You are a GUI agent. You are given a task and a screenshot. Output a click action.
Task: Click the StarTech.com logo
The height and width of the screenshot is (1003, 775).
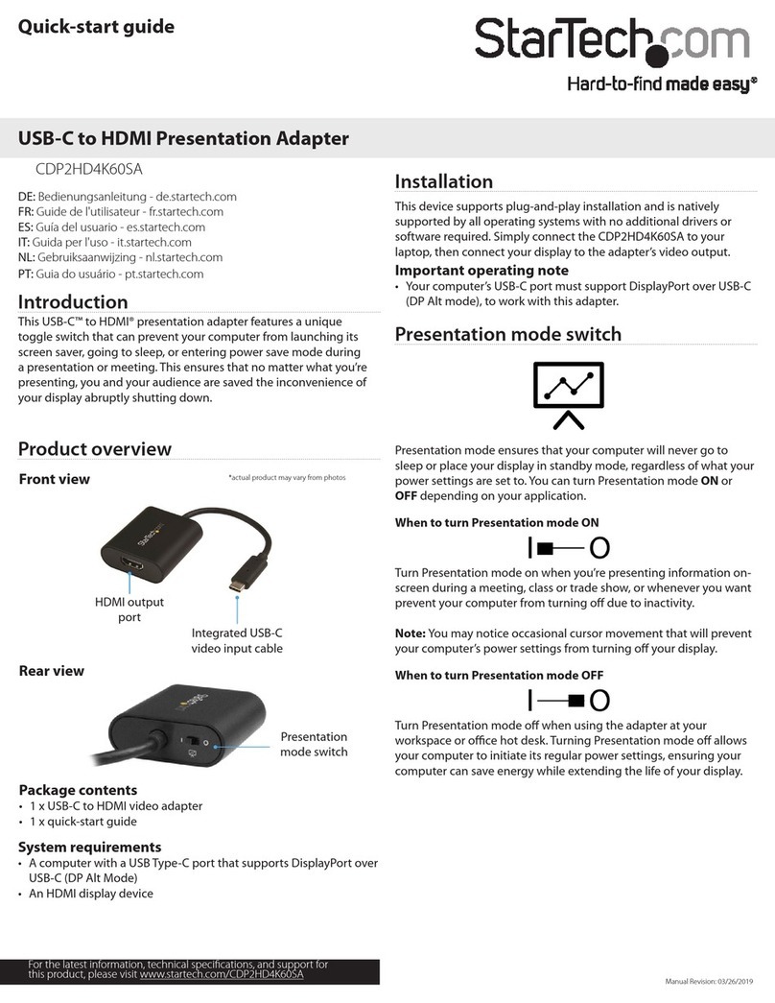pos(612,41)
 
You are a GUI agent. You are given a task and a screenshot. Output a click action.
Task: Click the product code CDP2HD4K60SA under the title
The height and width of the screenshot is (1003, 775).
pos(89,169)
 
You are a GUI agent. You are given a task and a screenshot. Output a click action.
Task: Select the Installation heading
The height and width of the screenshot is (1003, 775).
pos(444,181)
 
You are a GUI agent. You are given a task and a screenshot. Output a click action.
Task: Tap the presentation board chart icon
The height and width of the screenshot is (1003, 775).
pos(568,394)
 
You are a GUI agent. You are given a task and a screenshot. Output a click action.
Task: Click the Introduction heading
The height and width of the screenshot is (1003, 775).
pos(73,302)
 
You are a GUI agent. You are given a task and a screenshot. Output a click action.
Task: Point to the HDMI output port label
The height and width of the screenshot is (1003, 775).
pos(129,609)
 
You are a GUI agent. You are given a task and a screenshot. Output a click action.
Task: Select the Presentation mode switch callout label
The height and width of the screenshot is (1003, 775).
pos(314,744)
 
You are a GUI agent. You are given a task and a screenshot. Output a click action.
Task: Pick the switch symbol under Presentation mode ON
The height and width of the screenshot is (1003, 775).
pos(568,548)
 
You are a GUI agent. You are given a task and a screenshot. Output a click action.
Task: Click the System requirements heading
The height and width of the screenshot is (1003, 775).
pos(90,847)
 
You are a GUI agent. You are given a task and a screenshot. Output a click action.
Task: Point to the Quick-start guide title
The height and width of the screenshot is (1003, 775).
pos(97,27)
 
